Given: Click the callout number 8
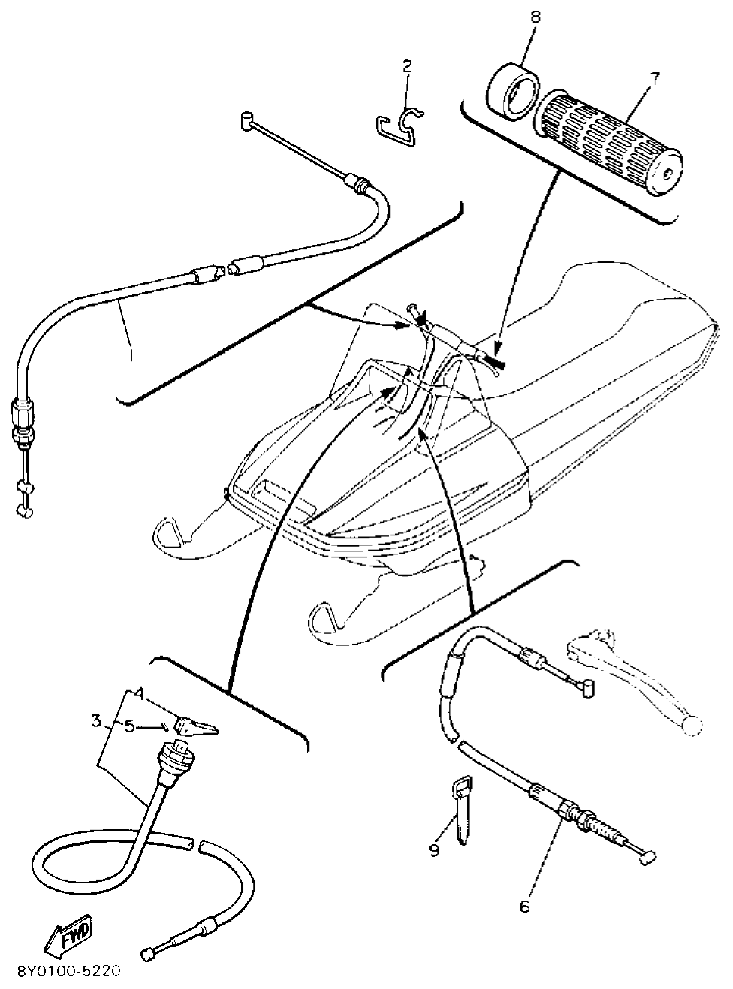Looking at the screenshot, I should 536,18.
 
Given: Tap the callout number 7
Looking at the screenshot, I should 655,78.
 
